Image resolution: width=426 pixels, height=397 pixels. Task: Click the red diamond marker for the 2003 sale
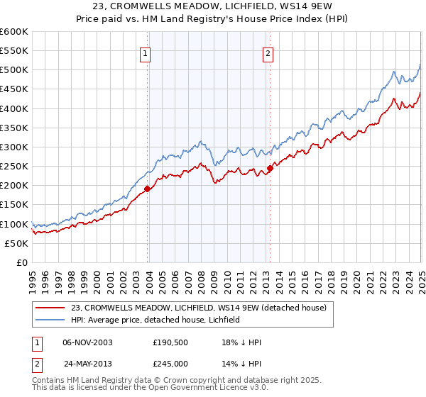tap(147, 189)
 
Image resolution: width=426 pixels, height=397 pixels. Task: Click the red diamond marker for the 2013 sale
tap(271, 168)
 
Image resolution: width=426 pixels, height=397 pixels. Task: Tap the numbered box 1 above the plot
tap(145, 52)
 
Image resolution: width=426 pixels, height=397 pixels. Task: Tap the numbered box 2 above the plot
tap(268, 52)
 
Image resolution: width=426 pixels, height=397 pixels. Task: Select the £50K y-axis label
tap(16, 243)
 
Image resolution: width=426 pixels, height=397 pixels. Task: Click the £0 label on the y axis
tap(21, 262)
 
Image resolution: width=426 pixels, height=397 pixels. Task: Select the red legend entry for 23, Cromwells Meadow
tap(198, 308)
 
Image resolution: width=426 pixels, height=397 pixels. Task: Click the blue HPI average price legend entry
tap(155, 320)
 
